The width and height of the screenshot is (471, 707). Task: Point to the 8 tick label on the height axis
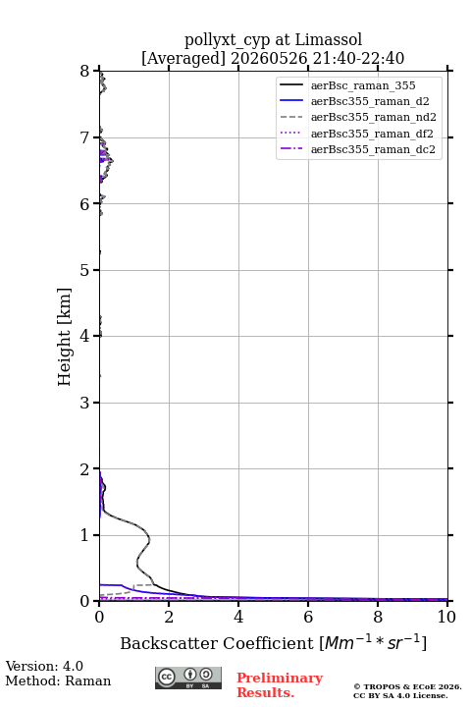[x=85, y=72]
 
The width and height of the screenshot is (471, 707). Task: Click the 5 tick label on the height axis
[x=85, y=270]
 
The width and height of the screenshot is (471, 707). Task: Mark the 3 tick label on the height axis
[x=85, y=403]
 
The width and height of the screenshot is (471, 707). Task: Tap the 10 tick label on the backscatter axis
[x=446, y=617]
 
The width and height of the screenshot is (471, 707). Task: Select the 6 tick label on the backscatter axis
[x=308, y=617]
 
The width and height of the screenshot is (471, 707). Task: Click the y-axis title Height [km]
[x=64, y=337]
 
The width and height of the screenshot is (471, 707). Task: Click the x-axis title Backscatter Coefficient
[x=216, y=643]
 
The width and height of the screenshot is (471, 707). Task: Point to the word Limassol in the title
[x=329, y=40]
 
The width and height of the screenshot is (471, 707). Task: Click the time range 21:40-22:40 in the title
[x=356, y=58]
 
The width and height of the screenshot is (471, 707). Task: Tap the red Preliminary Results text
[x=280, y=685]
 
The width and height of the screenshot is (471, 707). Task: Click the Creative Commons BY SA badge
[x=188, y=678]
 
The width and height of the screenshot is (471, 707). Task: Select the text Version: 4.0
[x=44, y=666]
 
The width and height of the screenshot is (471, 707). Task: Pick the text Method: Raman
[x=58, y=680]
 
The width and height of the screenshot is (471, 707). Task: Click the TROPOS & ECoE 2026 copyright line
[x=408, y=686]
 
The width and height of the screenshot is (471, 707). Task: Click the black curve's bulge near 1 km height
[x=149, y=539]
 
